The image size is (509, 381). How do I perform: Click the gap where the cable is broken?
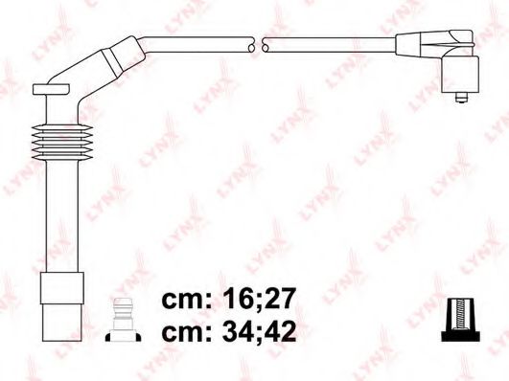coord(258,44)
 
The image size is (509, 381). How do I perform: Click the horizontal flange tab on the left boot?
coord(53,89)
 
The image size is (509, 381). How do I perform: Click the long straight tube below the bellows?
coord(59,220)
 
